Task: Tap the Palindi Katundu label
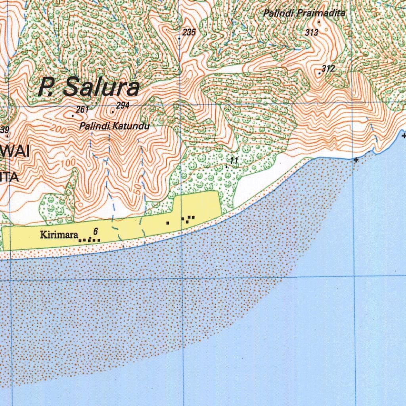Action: click(114, 126)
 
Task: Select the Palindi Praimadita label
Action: click(304, 13)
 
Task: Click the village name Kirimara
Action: click(59, 235)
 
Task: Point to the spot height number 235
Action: click(189, 33)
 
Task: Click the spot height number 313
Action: click(312, 33)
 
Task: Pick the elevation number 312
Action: click(328, 69)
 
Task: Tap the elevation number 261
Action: click(82, 109)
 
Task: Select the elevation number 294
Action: click(123, 105)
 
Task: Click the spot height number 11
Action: click(234, 160)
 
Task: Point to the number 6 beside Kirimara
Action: click(96, 231)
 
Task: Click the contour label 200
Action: click(57, 129)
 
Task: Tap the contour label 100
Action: click(68, 163)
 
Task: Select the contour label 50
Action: click(137, 190)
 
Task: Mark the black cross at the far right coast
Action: click(404, 136)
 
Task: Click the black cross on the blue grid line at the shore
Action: click(356, 160)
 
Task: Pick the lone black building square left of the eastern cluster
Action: click(168, 223)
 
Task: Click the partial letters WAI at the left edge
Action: click(10, 153)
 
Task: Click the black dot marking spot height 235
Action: click(179, 38)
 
